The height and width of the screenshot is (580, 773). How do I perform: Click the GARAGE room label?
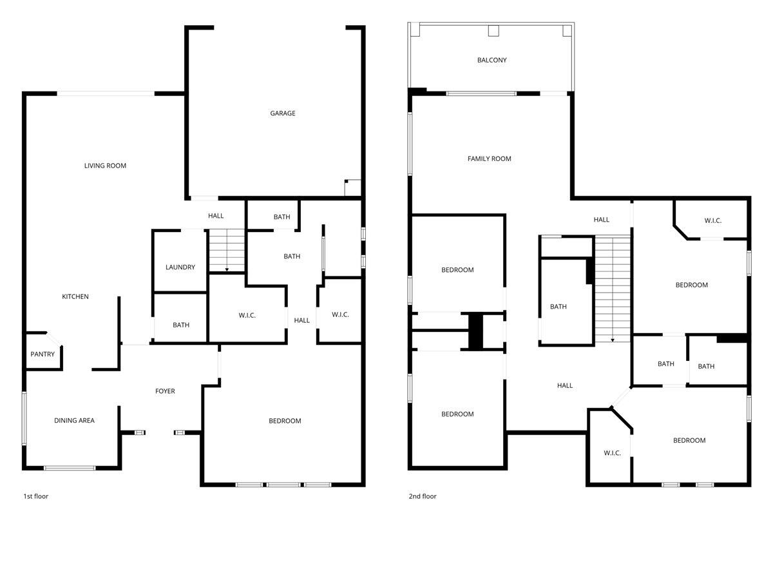coord(283,113)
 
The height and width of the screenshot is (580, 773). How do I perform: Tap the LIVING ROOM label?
coord(105,166)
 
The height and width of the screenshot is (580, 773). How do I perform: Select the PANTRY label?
coord(43,354)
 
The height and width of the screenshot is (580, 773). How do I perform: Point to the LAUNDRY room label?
coord(180,267)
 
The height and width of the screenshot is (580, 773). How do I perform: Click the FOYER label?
coord(165,391)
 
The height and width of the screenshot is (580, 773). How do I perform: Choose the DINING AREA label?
coord(74,421)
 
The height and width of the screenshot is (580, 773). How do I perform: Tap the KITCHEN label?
coord(75,296)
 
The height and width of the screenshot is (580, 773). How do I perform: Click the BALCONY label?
coord(492,60)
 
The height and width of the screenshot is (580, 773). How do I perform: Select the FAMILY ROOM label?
coord(490,159)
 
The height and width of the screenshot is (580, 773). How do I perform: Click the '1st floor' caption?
coord(36,496)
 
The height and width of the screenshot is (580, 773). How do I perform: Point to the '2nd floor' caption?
coord(423,496)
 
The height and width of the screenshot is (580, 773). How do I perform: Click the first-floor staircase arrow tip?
coord(227,269)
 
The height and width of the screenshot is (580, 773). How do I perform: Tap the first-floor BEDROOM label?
coord(285,421)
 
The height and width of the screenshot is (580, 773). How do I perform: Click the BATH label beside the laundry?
coord(181,325)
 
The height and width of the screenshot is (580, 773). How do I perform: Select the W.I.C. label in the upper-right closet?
coord(713,220)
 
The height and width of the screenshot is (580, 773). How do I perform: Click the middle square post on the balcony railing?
coord(493,30)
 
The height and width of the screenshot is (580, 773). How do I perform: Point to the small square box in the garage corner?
coord(353,188)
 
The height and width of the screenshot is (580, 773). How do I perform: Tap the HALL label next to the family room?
coord(602,220)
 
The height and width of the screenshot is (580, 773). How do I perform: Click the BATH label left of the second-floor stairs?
coord(558,307)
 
